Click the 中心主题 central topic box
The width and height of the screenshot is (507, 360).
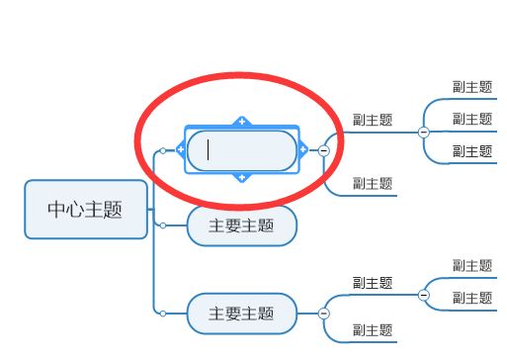(x=86, y=210)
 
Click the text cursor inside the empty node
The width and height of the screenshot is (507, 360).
(x=209, y=150)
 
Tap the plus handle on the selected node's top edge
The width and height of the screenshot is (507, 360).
(x=241, y=122)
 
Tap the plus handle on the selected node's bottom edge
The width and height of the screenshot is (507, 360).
(x=241, y=178)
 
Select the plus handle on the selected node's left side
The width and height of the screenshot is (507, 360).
(x=181, y=150)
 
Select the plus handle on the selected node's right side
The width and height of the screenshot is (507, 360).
(x=302, y=150)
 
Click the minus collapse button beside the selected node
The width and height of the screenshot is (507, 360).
(x=323, y=150)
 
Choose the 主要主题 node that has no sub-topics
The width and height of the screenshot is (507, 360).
(x=241, y=225)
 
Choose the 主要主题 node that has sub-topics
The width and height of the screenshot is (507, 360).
(x=241, y=314)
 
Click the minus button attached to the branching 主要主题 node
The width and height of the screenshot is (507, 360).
(x=323, y=314)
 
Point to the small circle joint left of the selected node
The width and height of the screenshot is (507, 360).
(x=162, y=150)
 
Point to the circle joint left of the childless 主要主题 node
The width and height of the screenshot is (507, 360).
(x=162, y=225)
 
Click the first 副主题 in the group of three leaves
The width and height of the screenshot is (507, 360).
(x=471, y=87)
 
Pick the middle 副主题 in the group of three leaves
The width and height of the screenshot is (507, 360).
(x=471, y=119)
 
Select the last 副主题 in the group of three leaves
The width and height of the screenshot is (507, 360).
(x=471, y=151)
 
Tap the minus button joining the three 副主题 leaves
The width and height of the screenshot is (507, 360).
(x=423, y=132)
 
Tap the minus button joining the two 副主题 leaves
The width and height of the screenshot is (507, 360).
(x=423, y=294)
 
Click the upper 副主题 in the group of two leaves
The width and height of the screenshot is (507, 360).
(x=471, y=265)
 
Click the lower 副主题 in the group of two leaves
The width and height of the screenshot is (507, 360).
(x=471, y=298)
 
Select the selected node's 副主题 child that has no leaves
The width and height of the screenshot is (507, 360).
(x=373, y=183)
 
